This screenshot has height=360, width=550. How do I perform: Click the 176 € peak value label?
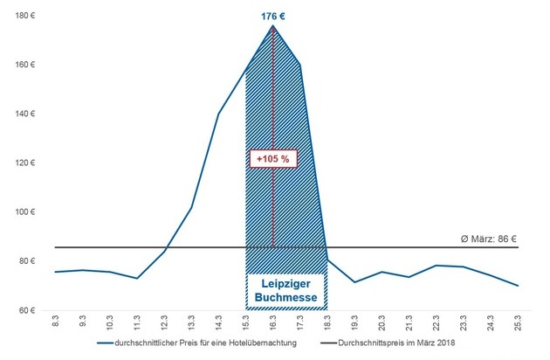tap(273, 15)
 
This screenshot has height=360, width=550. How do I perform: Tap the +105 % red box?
tap(273, 158)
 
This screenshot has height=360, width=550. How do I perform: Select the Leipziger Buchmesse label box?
tap(285, 291)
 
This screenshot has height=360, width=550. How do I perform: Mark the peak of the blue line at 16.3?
tap(273, 26)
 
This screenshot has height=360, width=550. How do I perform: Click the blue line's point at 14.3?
tap(218, 114)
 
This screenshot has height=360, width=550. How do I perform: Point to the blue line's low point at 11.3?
tap(137, 278)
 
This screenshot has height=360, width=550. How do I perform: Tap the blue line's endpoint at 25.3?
tap(518, 286)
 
